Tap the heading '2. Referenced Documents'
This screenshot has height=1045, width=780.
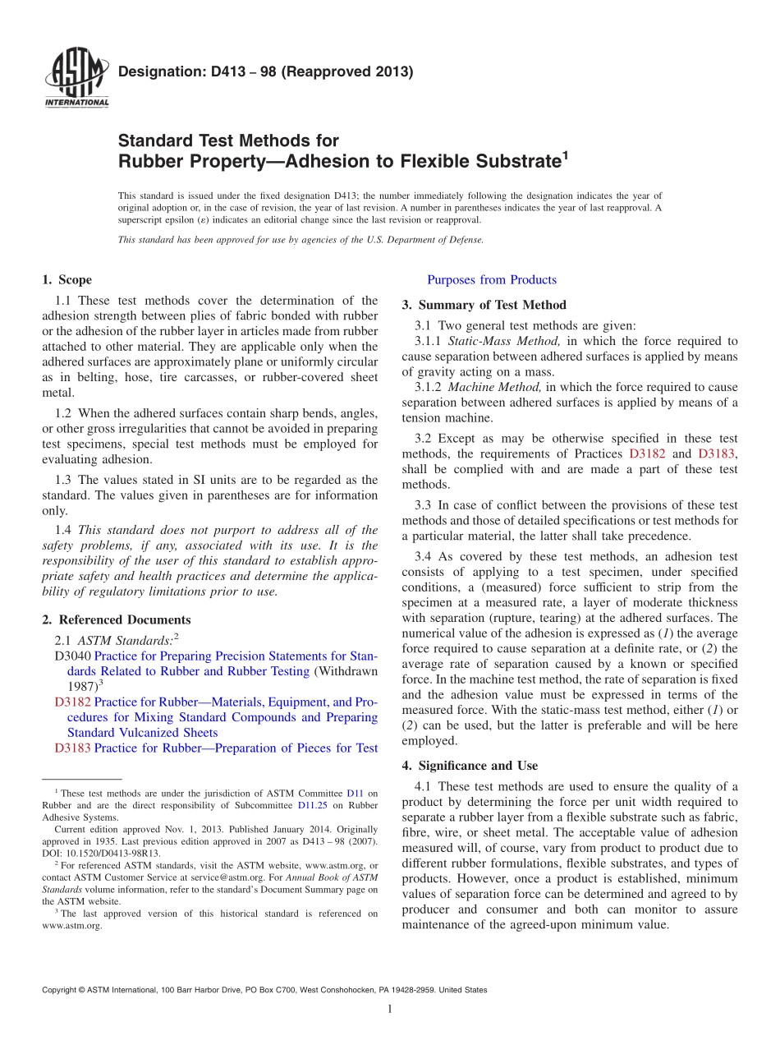[117, 620]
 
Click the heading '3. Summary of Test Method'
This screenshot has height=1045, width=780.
[484, 305]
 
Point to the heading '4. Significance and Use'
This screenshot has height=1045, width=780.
[470, 766]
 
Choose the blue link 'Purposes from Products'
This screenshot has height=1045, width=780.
[492, 280]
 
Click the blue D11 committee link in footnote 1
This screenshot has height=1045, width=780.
[355, 794]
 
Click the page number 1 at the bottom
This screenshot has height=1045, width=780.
[390, 1010]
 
